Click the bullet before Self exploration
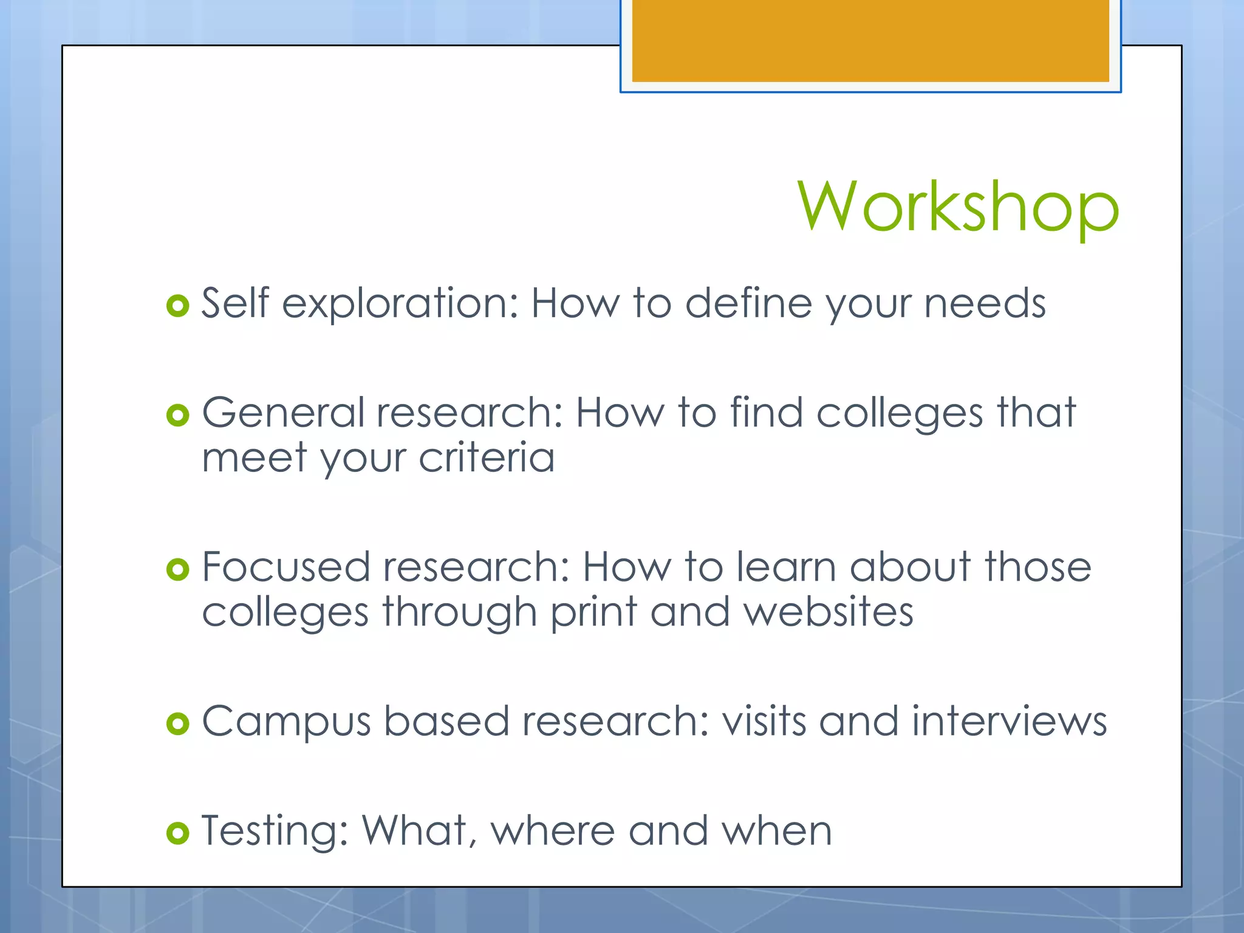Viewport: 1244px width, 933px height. pyautogui.click(x=177, y=306)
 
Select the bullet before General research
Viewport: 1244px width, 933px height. pyautogui.click(x=177, y=415)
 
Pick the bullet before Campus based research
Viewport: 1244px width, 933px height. pyautogui.click(x=177, y=723)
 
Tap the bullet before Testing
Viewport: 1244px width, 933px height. pyautogui.click(x=177, y=833)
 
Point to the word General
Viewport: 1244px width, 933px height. pyautogui.click(x=282, y=413)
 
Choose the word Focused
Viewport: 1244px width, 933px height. pyautogui.click(x=285, y=567)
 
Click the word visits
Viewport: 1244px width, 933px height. pyautogui.click(x=763, y=721)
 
